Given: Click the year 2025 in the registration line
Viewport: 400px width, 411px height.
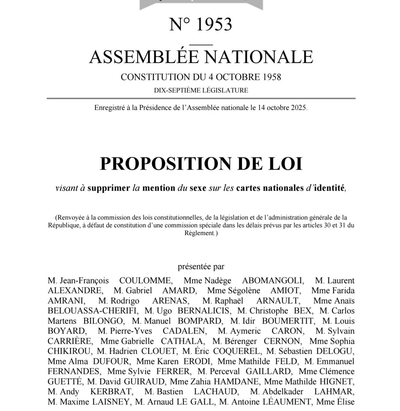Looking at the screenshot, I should pyautogui.click(x=298, y=108).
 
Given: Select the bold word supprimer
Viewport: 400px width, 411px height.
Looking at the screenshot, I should pyautogui.click(x=108, y=189).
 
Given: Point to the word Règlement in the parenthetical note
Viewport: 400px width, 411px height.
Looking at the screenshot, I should pyautogui.click(x=200, y=233).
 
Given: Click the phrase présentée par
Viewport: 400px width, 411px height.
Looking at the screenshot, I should pyautogui.click(x=201, y=266).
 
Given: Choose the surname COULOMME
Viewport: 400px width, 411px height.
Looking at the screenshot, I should pyautogui.click(x=145, y=281).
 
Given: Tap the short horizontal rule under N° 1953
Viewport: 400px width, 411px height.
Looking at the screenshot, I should pyautogui.click(x=201, y=43).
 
